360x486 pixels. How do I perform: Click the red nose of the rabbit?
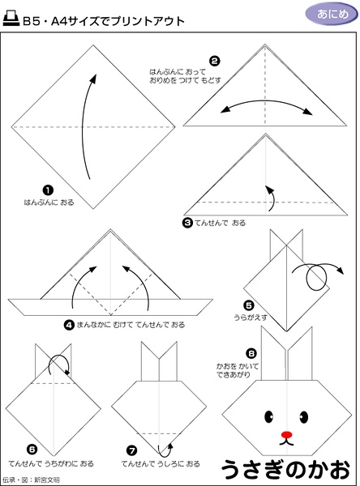287,434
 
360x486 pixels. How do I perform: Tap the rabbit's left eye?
268,416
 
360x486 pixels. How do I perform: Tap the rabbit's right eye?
304,416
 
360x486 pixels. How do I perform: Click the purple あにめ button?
332,15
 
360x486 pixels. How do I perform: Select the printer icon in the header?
11,19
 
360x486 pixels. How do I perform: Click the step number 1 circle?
48,190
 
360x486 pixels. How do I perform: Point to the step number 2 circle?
214,61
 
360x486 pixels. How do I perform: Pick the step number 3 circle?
187,223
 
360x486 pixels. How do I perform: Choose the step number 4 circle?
69,325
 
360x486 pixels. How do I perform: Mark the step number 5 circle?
249,306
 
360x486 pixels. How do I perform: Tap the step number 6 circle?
32,450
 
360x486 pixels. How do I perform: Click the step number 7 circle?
132,450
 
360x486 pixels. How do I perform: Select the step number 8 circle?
251,353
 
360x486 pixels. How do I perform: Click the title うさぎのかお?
286,469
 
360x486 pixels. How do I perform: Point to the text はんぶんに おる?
49,202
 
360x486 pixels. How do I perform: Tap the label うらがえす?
251,318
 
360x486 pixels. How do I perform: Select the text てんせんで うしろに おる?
161,464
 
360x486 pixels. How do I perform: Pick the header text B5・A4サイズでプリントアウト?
104,21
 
